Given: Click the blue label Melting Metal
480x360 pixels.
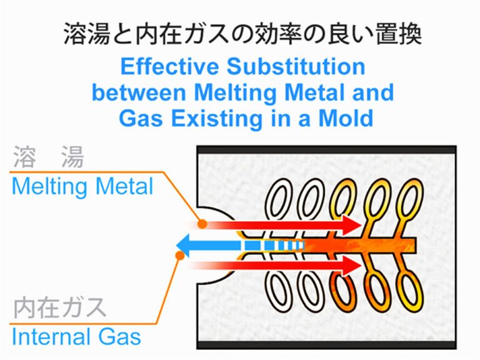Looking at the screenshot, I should [82, 186].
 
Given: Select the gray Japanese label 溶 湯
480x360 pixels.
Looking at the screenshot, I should [47, 159].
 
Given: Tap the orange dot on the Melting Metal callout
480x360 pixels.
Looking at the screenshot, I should [202, 223].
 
